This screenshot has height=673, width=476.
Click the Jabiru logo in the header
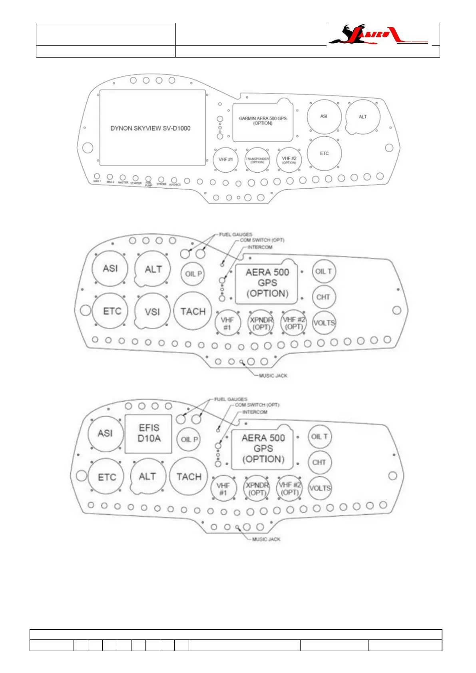tap(378, 35)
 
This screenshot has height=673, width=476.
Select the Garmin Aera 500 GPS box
tap(263, 121)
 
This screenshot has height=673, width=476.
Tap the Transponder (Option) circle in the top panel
tap(257, 160)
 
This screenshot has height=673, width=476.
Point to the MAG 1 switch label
tap(97, 181)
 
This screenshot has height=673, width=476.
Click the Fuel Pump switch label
tap(149, 184)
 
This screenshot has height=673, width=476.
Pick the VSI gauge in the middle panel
tap(152, 312)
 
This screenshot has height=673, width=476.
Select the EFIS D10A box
tap(149, 434)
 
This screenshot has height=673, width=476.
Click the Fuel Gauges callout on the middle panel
tap(235, 235)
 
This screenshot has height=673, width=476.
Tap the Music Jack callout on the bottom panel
tap(266, 540)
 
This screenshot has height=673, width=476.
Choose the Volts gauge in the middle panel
tap(324, 323)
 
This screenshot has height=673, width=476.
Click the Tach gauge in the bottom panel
tap(189, 477)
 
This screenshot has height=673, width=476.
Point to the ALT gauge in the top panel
tap(362, 117)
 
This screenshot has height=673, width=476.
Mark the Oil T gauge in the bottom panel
tap(319, 437)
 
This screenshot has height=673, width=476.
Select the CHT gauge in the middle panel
tap(323, 297)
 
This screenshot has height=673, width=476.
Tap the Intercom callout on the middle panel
tap(259, 247)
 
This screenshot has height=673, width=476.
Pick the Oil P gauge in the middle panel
tap(193, 274)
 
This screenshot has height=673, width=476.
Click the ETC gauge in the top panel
tap(324, 153)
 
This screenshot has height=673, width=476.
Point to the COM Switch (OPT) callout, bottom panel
tap(257, 405)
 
